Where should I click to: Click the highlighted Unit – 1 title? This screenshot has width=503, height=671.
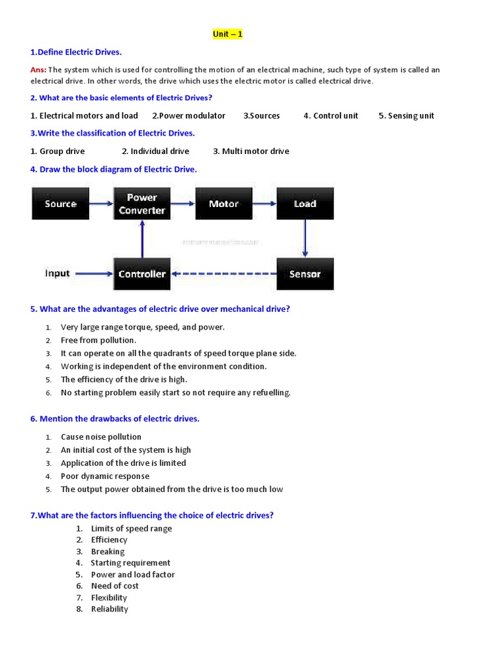click(227, 34)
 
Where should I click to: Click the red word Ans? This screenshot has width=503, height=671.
click(38, 70)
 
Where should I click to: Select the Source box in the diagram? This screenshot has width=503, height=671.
click(60, 204)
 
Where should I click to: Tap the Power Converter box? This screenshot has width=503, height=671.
click(142, 204)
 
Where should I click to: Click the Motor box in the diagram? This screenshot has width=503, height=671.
click(223, 204)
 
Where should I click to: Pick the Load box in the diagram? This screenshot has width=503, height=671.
click(305, 204)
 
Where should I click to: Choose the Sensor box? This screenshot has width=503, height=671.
click(305, 274)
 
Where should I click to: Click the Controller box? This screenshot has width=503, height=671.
click(142, 274)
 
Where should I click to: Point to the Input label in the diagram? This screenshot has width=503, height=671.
click(58, 273)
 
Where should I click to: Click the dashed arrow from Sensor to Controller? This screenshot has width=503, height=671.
click(223, 274)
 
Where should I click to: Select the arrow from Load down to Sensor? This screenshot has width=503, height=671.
click(305, 239)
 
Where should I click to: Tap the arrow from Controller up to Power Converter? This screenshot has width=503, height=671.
click(142, 239)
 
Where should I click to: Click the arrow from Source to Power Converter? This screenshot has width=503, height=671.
click(101, 204)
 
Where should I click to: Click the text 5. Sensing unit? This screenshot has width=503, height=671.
click(406, 116)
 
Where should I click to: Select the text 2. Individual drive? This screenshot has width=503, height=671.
click(155, 151)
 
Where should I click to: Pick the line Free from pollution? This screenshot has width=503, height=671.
click(98, 340)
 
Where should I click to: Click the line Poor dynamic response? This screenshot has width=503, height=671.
click(105, 476)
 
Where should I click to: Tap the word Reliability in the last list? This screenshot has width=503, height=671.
click(109, 609)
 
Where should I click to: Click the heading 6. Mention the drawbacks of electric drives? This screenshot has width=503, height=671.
click(115, 419)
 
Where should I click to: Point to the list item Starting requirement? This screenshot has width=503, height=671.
click(130, 563)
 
